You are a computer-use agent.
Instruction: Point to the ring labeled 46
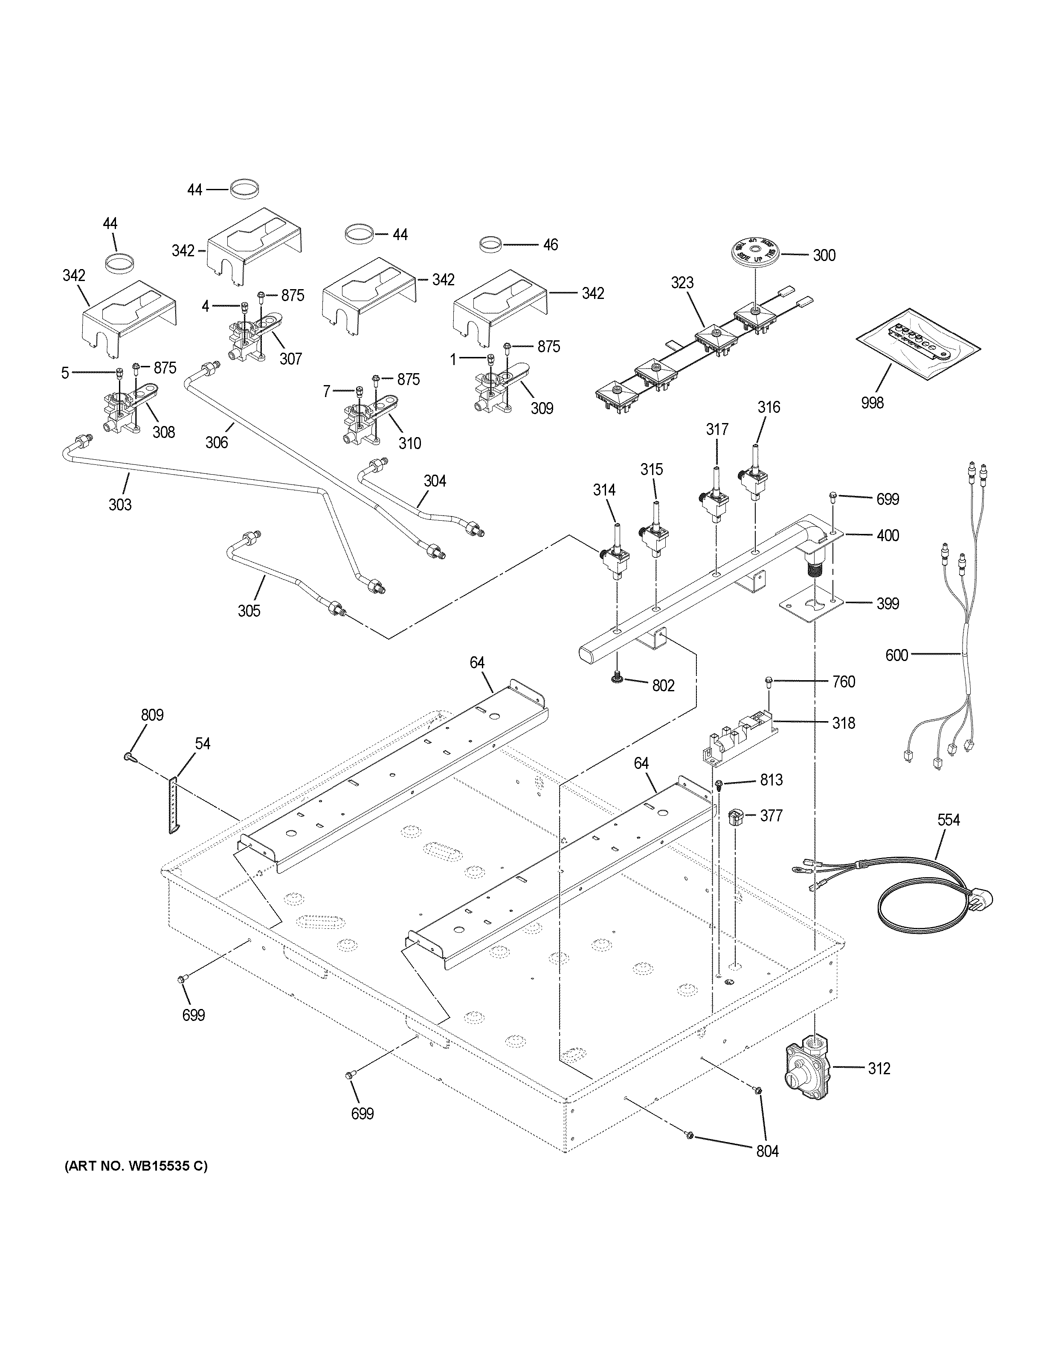click(490, 244)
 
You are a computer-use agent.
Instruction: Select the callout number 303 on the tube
click(120, 505)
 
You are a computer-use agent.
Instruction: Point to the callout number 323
click(682, 283)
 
